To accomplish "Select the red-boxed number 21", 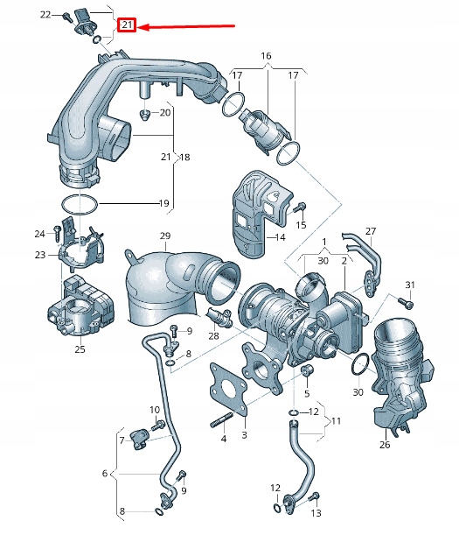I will [128, 25].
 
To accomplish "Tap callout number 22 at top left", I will [45, 15].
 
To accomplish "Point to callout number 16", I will [266, 55].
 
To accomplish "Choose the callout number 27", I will [370, 231].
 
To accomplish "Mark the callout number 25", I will [80, 349].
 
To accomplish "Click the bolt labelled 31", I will [404, 302].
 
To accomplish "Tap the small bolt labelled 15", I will [301, 208].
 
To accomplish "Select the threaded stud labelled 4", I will [219, 426].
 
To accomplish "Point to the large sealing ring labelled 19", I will [79, 204].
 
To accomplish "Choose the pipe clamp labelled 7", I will [142, 437].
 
